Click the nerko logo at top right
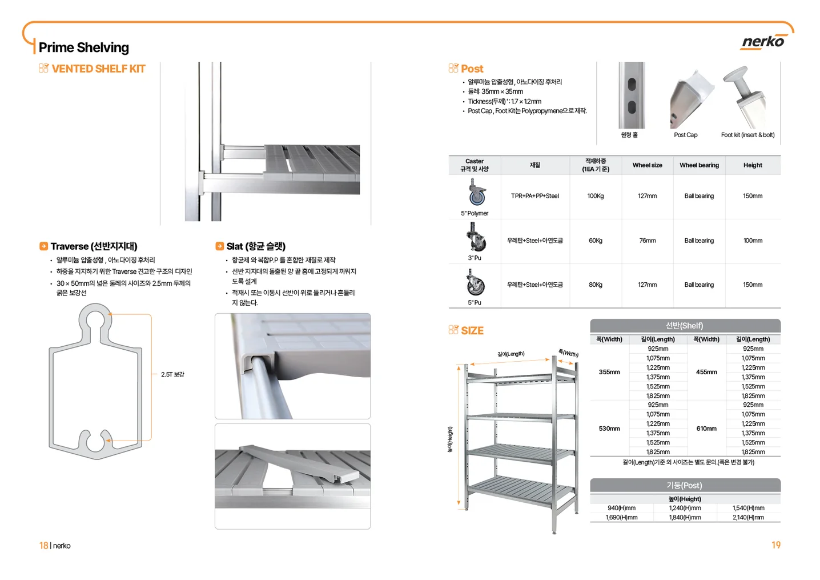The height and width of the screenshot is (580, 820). [x=763, y=42]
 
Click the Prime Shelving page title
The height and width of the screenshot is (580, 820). [x=83, y=47]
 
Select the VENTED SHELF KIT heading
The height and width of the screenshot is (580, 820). [x=98, y=69]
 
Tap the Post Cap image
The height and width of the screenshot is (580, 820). [x=691, y=97]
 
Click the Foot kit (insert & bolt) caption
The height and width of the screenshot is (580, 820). [x=747, y=135]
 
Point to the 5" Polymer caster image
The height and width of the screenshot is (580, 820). [x=476, y=193]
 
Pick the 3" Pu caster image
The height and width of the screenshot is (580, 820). [x=475, y=237]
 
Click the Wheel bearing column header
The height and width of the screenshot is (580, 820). [x=699, y=165]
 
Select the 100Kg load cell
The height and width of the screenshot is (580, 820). [x=595, y=196]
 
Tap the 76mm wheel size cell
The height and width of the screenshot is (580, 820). [x=647, y=241]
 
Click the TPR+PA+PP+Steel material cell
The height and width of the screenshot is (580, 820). [x=534, y=196]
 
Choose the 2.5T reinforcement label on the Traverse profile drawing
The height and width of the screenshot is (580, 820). [x=172, y=374]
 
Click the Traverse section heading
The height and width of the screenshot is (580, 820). [x=94, y=246]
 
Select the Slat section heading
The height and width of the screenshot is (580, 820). [x=255, y=246]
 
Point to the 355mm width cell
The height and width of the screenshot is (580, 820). [x=609, y=372]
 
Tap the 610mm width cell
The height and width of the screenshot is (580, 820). [x=706, y=429]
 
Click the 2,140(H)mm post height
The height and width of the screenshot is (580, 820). [x=748, y=517]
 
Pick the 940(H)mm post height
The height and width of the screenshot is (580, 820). [x=621, y=508]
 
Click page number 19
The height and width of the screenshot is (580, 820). [x=775, y=545]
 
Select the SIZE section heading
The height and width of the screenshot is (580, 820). [x=472, y=331]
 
